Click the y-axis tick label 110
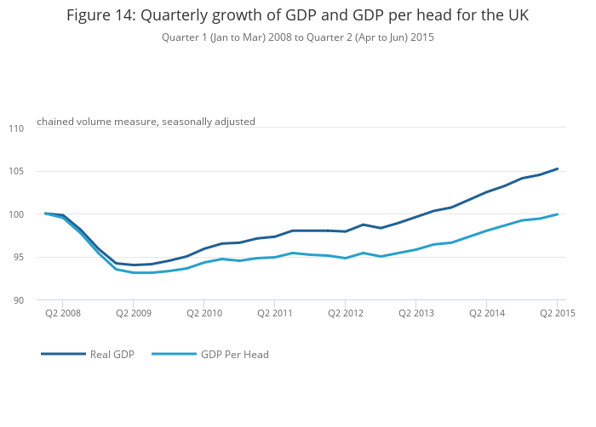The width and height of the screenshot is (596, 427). pyautogui.click(x=17, y=128)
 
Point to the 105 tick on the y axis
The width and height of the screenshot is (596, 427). pyautogui.click(x=17, y=172)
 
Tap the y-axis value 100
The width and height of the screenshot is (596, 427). pyautogui.click(x=17, y=214)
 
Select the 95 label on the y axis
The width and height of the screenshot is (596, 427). pyautogui.click(x=19, y=258)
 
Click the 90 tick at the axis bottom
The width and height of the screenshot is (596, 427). pyautogui.click(x=19, y=300)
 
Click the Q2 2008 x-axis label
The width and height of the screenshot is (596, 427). pyautogui.click(x=63, y=314)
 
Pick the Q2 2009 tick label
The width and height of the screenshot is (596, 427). pyautogui.click(x=134, y=314)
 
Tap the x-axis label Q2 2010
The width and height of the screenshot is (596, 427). pyautogui.click(x=204, y=314)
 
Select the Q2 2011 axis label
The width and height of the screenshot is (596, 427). pyautogui.click(x=274, y=314)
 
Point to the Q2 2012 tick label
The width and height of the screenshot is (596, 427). pyautogui.click(x=345, y=314)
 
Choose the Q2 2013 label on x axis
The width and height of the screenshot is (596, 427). pyautogui.click(x=415, y=314)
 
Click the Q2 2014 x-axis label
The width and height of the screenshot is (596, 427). pyautogui.click(x=486, y=314)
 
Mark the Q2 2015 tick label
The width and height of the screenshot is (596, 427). pyautogui.click(x=558, y=314)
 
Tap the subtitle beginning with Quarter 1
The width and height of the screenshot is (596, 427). pyautogui.click(x=298, y=37)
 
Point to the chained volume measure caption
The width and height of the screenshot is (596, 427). pyautogui.click(x=146, y=122)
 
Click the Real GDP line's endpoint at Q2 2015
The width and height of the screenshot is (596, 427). pyautogui.click(x=558, y=168)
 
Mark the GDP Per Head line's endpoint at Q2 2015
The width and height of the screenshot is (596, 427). pyautogui.click(x=558, y=214)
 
